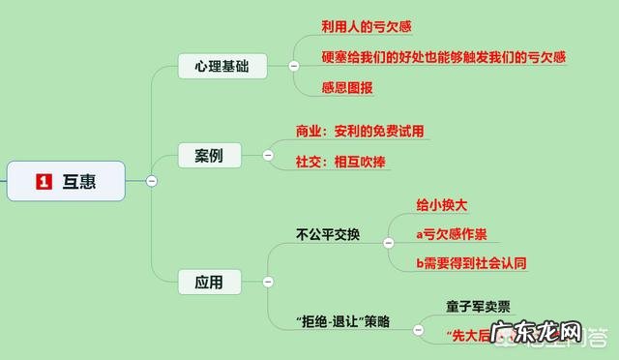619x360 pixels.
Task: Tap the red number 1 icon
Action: point(43,180)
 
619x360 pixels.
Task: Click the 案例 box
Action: point(208,155)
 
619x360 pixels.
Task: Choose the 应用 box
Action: point(208,283)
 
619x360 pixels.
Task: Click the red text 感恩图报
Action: point(347,88)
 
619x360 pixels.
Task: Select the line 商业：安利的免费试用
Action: point(373,130)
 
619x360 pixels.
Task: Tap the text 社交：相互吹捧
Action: point(341,162)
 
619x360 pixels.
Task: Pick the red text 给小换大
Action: point(442,205)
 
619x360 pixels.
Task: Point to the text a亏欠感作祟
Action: point(451,234)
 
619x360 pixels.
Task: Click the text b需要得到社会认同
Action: point(471,262)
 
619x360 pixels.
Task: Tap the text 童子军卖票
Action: point(478,306)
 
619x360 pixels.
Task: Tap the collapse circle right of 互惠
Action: point(151,181)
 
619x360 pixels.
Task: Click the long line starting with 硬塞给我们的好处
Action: point(443,57)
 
